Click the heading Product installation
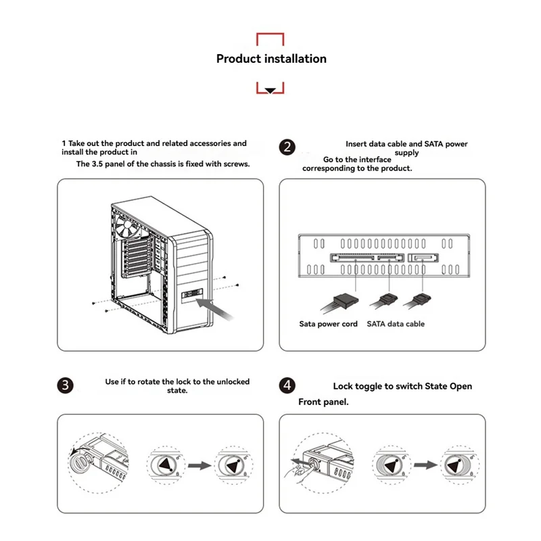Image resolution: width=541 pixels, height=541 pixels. click(x=271, y=59)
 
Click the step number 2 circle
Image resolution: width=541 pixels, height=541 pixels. click(x=287, y=148)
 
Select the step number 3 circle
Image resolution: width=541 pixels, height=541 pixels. click(x=65, y=385)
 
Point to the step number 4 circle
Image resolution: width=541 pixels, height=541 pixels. click(x=287, y=385)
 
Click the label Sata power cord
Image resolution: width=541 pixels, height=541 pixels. click(x=329, y=324)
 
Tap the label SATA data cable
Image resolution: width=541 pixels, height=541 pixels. click(x=396, y=324)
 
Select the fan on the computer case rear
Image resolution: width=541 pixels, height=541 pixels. click(x=130, y=229)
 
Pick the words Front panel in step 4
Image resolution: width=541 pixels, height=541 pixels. click(x=323, y=402)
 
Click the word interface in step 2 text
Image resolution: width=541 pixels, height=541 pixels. click(x=375, y=160)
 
